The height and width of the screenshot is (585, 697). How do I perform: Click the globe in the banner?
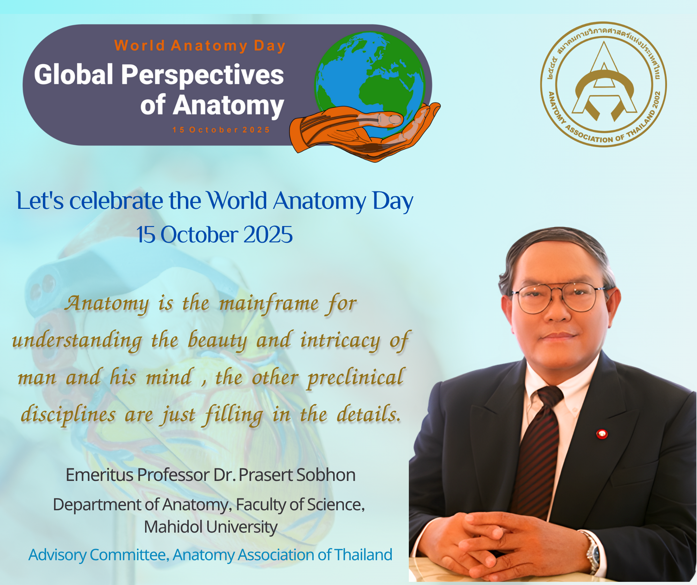tap(370, 84)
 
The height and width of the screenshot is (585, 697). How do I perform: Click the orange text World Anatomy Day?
tap(200, 46)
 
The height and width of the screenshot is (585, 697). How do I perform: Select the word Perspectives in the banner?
tap(203, 75)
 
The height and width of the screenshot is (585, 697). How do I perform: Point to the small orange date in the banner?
tap(221, 130)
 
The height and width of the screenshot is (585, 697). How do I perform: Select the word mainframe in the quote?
tap(269, 304)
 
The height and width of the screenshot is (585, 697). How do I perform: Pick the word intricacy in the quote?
tap(340, 341)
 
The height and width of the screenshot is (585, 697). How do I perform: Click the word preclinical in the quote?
tap(355, 378)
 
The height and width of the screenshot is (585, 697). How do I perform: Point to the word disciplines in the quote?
tap(68, 415)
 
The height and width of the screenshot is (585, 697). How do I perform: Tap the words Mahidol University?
tap(211, 527)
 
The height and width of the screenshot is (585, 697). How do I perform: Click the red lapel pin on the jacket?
tap(602, 434)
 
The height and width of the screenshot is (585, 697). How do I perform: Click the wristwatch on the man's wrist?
tap(592, 552)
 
